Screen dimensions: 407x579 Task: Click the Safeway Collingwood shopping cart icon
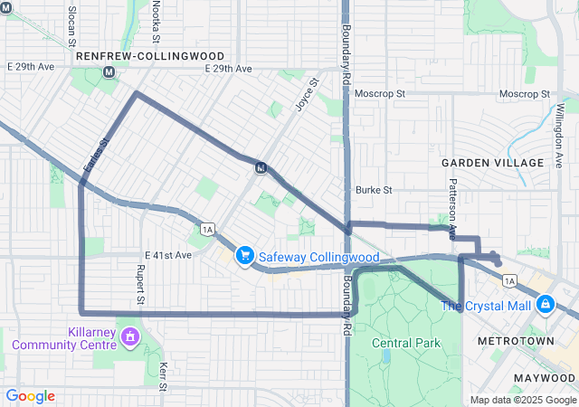(244, 257)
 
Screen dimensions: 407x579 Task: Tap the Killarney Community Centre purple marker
(130, 337)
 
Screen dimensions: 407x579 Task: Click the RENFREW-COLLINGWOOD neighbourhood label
(150, 56)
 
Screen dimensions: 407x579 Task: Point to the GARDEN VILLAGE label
(492, 163)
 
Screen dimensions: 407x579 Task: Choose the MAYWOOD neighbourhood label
(544, 376)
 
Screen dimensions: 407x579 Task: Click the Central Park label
(405, 343)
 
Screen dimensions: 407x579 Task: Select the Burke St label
(374, 190)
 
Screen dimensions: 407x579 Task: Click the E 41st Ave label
(168, 255)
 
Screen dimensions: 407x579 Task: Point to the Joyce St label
(307, 94)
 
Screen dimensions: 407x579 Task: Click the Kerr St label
(164, 375)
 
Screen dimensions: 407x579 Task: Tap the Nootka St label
(156, 20)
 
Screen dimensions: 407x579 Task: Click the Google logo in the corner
(30, 396)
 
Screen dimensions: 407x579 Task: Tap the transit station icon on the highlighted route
(261, 167)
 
